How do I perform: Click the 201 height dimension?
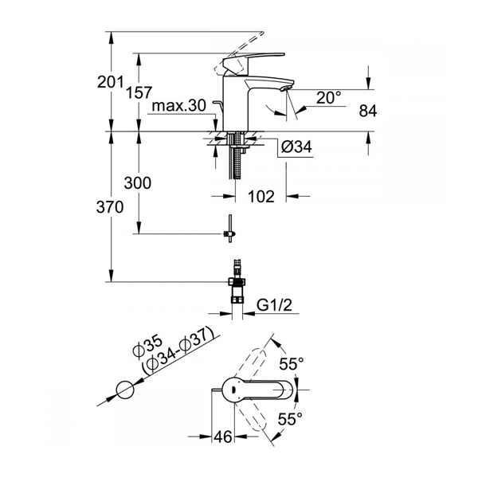tap(110, 82)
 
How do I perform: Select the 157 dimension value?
tap(139, 92)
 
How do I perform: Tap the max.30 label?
tap(179, 105)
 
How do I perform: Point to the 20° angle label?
tap(328, 97)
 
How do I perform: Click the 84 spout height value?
tap(367, 111)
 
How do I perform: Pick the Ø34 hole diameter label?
tap(296, 147)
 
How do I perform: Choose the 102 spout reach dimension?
tap(261, 196)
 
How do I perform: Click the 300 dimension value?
tap(138, 183)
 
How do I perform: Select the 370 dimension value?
tap(110, 207)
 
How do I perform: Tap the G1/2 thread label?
tap(274, 305)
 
